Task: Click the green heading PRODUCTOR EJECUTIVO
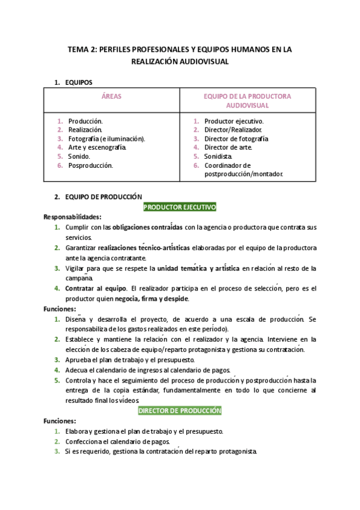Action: coord(180,207)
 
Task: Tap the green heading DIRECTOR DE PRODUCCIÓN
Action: coord(180,411)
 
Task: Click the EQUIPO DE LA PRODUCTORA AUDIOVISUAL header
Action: coord(247,100)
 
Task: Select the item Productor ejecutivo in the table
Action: coord(234,120)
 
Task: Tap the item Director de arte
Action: coord(228,147)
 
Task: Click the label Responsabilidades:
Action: coord(72,217)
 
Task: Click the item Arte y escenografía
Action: coord(97,147)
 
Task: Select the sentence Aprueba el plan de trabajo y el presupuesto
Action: coord(129,359)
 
